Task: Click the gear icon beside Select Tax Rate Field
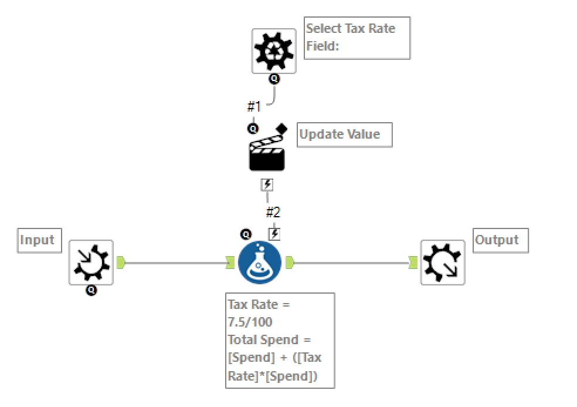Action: point(274,51)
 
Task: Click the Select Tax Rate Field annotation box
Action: point(357,38)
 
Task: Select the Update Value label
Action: point(344,134)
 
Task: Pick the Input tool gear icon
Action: point(91,263)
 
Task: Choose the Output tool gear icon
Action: point(443,263)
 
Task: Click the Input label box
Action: point(39,240)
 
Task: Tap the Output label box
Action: point(500,240)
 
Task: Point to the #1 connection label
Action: point(254,106)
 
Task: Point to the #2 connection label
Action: point(273,212)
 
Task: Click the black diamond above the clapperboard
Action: point(281,128)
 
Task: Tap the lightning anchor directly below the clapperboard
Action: point(267,185)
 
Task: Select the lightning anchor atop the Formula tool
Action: point(274,234)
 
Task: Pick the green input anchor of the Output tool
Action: point(413,263)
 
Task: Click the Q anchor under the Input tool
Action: point(91,290)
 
